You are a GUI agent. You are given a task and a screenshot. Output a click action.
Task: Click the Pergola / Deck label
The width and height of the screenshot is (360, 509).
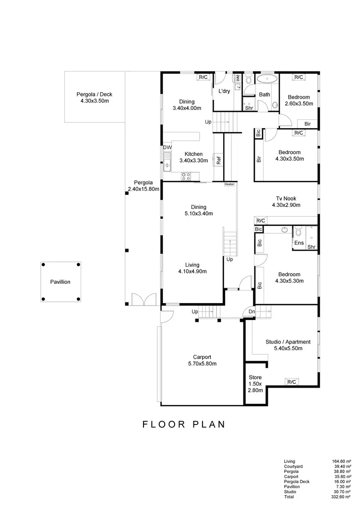[94, 95]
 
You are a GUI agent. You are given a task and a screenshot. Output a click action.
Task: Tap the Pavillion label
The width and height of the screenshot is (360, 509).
[60, 282]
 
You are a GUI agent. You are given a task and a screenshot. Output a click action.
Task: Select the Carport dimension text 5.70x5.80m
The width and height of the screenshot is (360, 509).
[202, 364]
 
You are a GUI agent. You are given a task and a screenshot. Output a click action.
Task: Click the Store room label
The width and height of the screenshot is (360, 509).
[255, 378]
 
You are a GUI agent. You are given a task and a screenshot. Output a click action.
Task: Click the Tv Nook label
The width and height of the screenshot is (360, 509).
[286, 198]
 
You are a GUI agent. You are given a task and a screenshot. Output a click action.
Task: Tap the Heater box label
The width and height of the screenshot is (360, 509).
[229, 184]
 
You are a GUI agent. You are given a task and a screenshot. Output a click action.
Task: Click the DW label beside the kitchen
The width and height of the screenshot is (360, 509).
[167, 147]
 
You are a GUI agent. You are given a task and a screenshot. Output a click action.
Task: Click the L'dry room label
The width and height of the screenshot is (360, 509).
[224, 91]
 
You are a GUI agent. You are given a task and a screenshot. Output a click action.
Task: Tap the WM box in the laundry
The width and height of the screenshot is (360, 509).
[237, 78]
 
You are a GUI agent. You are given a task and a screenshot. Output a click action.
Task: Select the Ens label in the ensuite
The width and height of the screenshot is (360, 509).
[299, 243]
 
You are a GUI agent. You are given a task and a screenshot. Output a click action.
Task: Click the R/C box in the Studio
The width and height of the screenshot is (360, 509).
[291, 382]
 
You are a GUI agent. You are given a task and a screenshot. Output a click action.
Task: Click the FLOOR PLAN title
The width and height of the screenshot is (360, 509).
[184, 425]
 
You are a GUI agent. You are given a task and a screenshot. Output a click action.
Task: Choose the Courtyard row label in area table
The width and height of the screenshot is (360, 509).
[293, 466]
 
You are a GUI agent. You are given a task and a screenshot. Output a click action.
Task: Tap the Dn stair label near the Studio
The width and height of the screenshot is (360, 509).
[252, 312]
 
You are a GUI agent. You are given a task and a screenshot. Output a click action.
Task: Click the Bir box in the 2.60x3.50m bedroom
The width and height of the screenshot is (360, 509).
[308, 124]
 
